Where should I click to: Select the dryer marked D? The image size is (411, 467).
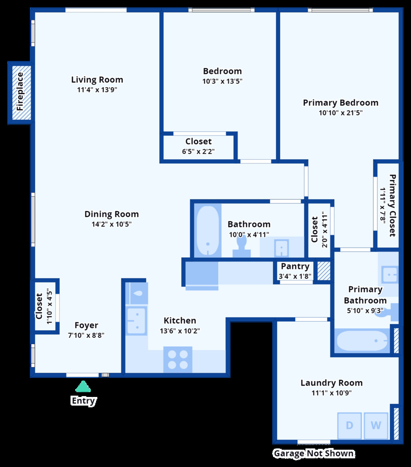(349, 425)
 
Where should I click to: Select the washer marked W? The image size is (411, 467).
(376, 425)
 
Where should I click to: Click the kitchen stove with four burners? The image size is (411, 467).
(178, 359)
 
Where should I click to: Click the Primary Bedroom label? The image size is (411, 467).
(340, 103)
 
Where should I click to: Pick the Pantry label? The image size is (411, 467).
(295, 266)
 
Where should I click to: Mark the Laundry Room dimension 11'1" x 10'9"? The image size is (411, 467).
(332, 393)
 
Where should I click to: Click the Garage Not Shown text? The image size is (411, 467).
(313, 454)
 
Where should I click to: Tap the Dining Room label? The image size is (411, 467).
(112, 214)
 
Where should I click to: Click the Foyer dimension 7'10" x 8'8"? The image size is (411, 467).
(86, 335)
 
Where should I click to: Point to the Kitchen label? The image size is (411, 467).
(180, 320)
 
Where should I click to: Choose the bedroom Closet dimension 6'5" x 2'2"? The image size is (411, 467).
(199, 151)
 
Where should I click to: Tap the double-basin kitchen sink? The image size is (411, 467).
(136, 320)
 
